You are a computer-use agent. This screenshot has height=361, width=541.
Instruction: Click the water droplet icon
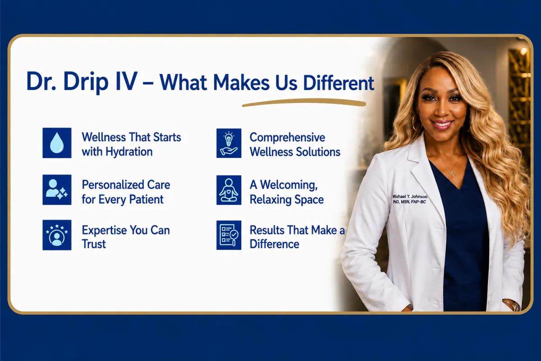click(57, 143)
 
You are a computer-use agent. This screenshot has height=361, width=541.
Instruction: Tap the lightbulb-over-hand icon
click(229, 143)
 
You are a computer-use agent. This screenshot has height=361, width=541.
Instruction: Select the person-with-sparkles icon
click(57, 190)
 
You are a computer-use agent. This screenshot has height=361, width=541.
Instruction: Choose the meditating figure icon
click(229, 190)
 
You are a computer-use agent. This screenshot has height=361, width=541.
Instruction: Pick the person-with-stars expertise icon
click(57, 235)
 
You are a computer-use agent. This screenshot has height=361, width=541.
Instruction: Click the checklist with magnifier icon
click(229, 235)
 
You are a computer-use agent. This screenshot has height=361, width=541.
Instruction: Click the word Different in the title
click(339, 83)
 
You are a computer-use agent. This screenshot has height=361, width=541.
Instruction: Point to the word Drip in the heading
click(86, 82)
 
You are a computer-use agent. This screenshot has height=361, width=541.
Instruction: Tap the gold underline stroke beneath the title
click(304, 102)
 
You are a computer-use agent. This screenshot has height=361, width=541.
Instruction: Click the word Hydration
click(129, 152)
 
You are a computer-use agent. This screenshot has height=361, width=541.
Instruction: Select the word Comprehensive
click(288, 138)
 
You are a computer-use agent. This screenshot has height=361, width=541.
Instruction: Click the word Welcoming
click(289, 185)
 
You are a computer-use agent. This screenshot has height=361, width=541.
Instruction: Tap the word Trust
click(94, 244)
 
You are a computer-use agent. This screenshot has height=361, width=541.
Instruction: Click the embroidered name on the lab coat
click(410, 199)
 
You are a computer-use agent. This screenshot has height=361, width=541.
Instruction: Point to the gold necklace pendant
click(452, 172)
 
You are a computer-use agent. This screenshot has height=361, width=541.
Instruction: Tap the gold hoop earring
click(417, 123)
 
